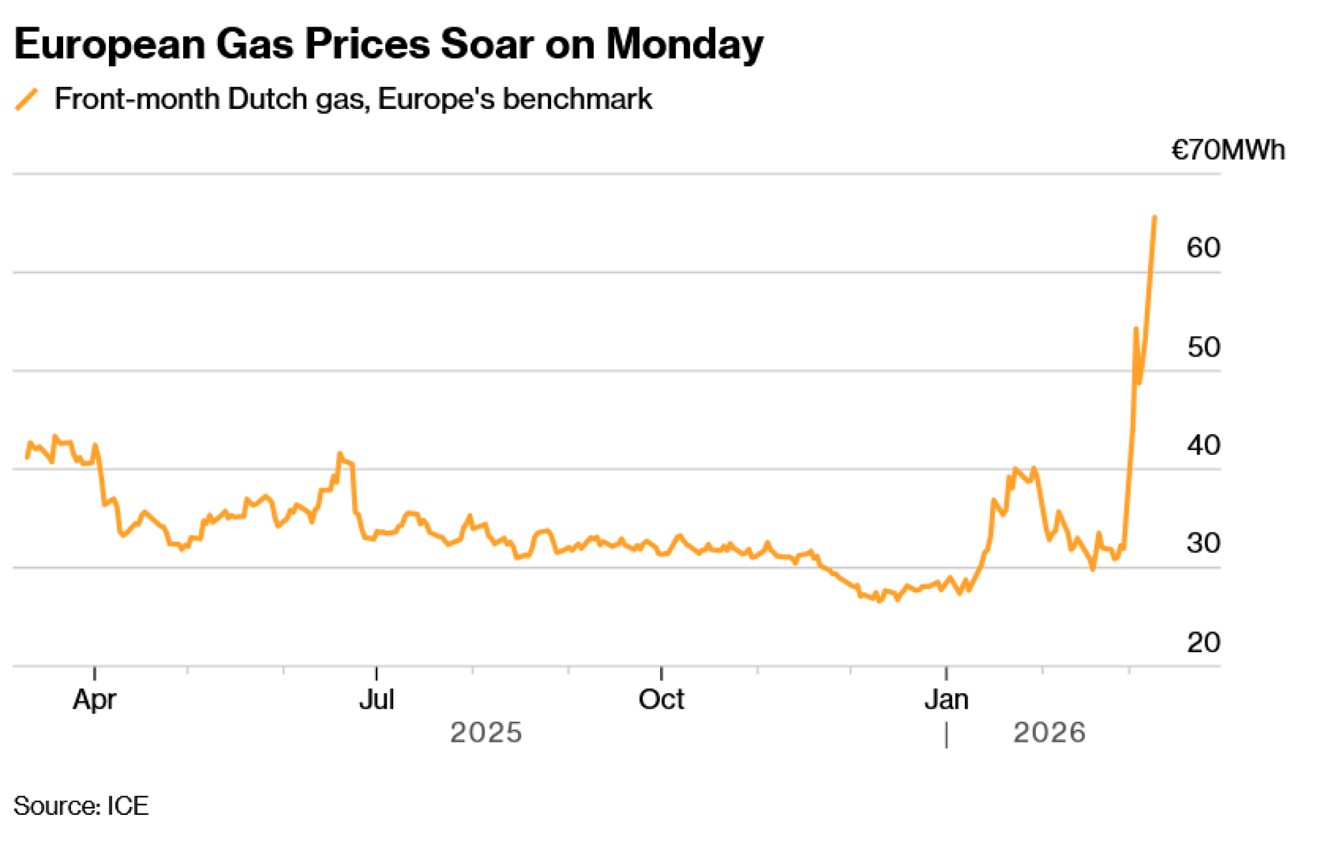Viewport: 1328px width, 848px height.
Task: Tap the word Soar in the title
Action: pyautogui.click(x=487, y=45)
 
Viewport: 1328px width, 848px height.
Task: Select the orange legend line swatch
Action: pyautogui.click(x=27, y=100)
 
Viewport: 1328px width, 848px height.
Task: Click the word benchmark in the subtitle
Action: pyautogui.click(x=578, y=100)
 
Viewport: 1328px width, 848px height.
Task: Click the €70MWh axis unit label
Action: pyautogui.click(x=1228, y=150)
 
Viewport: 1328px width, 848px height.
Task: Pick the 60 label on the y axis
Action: pyautogui.click(x=1203, y=248)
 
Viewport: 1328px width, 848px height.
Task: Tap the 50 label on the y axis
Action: pyautogui.click(x=1203, y=347)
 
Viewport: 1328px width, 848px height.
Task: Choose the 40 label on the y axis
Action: pyautogui.click(x=1203, y=445)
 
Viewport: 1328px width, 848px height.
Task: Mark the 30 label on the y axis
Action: pyautogui.click(x=1203, y=543)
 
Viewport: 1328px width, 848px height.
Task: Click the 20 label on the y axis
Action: pyautogui.click(x=1203, y=642)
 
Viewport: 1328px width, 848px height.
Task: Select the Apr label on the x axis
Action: pyautogui.click(x=94, y=699)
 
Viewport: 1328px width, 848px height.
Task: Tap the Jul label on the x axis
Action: pyautogui.click(x=376, y=699)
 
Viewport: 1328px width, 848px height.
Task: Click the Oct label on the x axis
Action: pyautogui.click(x=661, y=699)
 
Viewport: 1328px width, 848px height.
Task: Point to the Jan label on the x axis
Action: pyautogui.click(x=946, y=699)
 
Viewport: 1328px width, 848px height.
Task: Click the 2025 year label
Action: pyautogui.click(x=486, y=732)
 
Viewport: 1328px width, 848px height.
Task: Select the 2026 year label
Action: pyautogui.click(x=1049, y=732)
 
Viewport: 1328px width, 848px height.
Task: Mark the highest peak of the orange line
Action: pyautogui.click(x=1155, y=217)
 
